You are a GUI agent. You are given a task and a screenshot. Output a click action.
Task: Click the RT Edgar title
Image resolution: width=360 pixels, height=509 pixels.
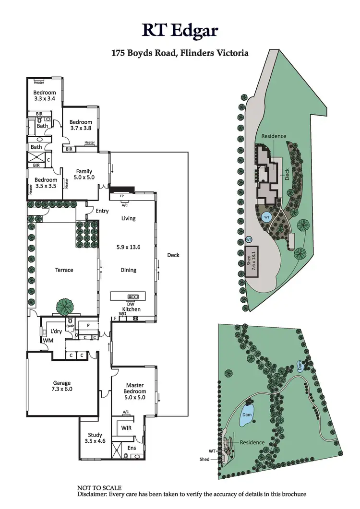point(180,30)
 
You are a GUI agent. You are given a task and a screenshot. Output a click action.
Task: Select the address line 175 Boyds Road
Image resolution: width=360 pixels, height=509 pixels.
point(180,53)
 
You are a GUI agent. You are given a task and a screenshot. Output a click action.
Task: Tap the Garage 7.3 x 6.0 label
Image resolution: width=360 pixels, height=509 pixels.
point(62,386)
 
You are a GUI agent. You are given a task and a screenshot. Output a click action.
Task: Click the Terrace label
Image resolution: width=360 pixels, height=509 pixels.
point(64,270)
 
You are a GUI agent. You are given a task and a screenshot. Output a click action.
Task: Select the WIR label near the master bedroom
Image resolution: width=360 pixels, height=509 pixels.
point(127,428)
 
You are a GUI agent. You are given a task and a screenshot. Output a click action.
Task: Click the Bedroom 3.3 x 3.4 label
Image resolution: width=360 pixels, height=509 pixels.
point(44,95)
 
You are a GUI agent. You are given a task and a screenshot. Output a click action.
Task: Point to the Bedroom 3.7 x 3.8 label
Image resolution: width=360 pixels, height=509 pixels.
point(80,125)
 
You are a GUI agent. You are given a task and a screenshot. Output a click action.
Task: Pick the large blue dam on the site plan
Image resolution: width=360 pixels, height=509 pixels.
point(247,415)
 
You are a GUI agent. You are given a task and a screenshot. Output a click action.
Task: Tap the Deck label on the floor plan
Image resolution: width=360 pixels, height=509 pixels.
point(173,255)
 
